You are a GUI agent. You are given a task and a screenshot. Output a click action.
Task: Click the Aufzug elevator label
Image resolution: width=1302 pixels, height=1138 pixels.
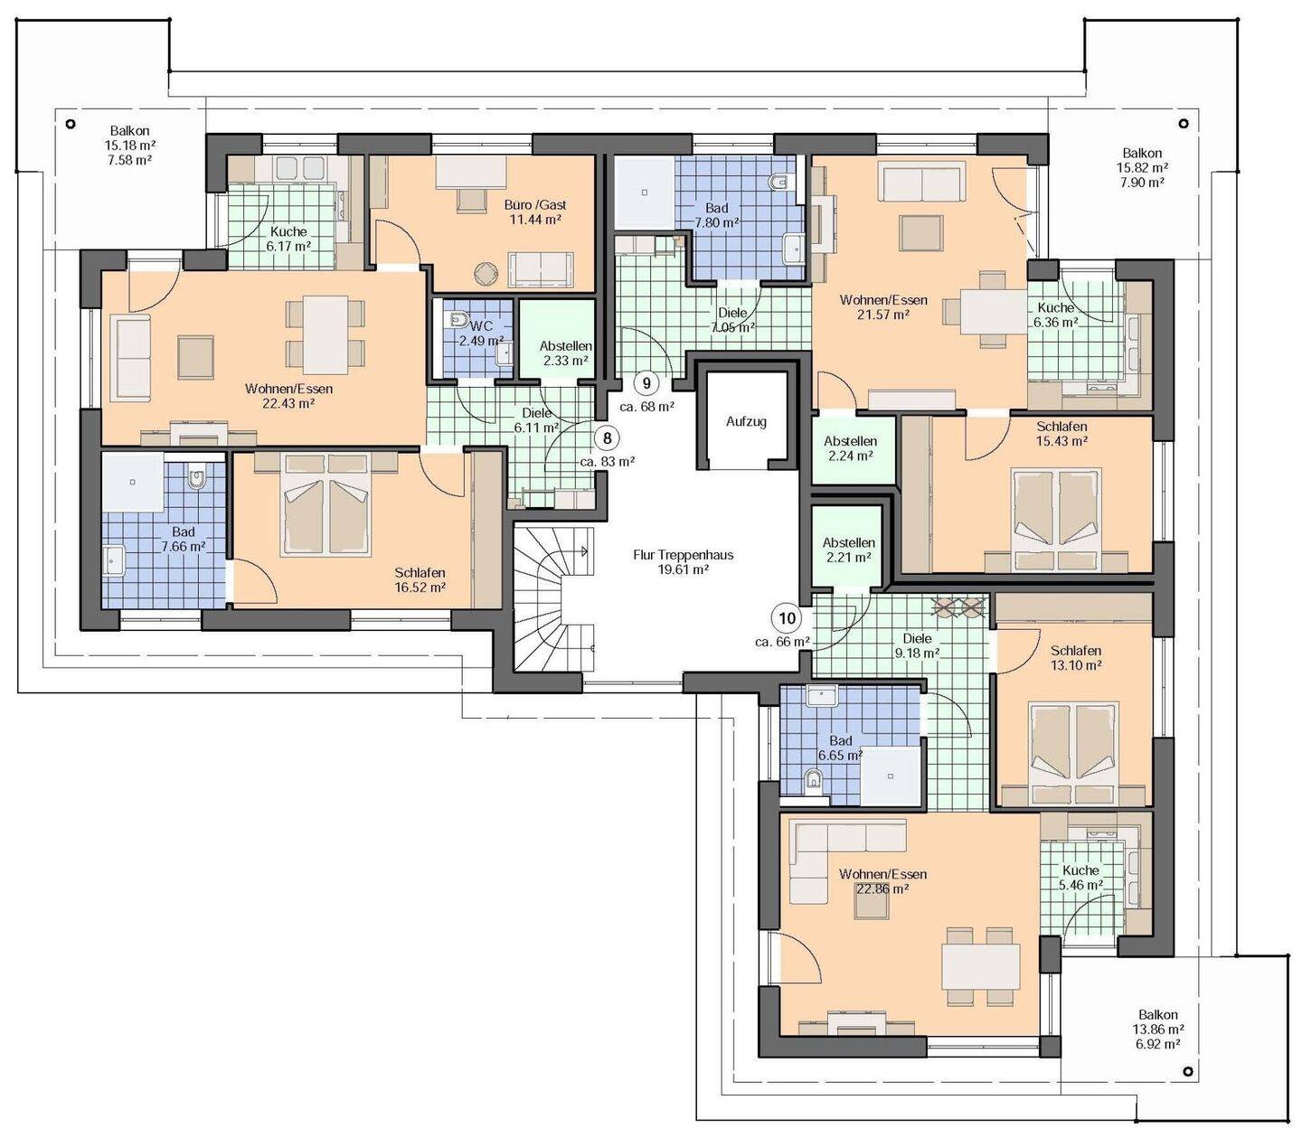pyautogui.click(x=746, y=421)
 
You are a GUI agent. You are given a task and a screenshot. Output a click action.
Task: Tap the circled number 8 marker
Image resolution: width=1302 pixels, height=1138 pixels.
pyautogui.click(x=608, y=438)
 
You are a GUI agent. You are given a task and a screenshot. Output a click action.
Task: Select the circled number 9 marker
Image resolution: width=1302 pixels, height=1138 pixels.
pyautogui.click(x=646, y=383)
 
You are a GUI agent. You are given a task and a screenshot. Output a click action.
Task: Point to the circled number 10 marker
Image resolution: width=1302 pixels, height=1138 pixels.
pyautogui.click(x=788, y=617)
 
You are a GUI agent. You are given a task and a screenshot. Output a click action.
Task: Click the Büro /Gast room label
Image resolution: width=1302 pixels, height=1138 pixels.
pyautogui.click(x=535, y=205)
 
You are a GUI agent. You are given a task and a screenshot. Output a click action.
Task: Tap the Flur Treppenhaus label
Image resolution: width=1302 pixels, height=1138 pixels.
pyautogui.click(x=683, y=555)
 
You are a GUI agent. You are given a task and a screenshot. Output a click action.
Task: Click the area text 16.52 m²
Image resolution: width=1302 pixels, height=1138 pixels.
pyautogui.click(x=420, y=588)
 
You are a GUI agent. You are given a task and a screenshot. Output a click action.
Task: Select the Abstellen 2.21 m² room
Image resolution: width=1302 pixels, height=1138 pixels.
pyautogui.click(x=848, y=546)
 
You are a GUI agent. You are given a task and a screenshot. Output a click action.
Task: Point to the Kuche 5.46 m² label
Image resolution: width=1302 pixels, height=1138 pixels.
pyautogui.click(x=1080, y=877)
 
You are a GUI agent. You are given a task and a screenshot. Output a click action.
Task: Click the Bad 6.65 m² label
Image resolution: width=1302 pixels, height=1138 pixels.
pyautogui.click(x=840, y=748)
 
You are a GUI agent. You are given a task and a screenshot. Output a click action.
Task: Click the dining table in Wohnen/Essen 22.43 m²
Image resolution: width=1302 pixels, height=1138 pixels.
pyautogui.click(x=325, y=334)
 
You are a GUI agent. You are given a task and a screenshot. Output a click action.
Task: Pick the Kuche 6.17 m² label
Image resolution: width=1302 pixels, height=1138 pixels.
pyautogui.click(x=288, y=239)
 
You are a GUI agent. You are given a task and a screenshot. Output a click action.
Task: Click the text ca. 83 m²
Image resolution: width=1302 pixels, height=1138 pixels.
pyautogui.click(x=607, y=462)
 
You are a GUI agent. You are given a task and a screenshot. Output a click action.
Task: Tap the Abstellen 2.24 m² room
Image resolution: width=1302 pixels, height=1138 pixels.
pyautogui.click(x=850, y=447)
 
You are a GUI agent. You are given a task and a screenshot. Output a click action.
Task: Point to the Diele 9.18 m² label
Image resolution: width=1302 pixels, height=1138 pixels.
pyautogui.click(x=917, y=645)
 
